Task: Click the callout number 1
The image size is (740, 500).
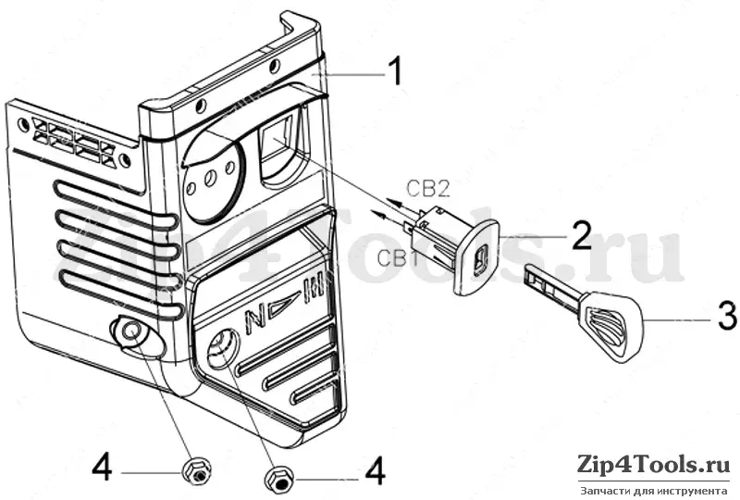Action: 395,71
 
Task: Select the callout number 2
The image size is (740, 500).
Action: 581,234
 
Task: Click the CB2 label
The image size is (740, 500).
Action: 427,189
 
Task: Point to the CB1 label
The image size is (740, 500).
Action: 398,258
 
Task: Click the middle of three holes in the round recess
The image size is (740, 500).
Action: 209,179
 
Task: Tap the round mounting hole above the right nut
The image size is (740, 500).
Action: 220,345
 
